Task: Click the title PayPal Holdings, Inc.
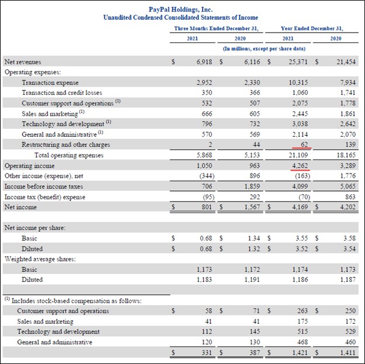click(180, 9)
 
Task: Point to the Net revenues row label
click(23, 62)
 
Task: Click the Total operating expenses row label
click(69, 155)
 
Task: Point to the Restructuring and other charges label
click(66, 144)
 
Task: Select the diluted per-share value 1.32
click(252, 248)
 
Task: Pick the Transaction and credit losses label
click(62, 93)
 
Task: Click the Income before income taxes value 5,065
click(348, 186)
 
